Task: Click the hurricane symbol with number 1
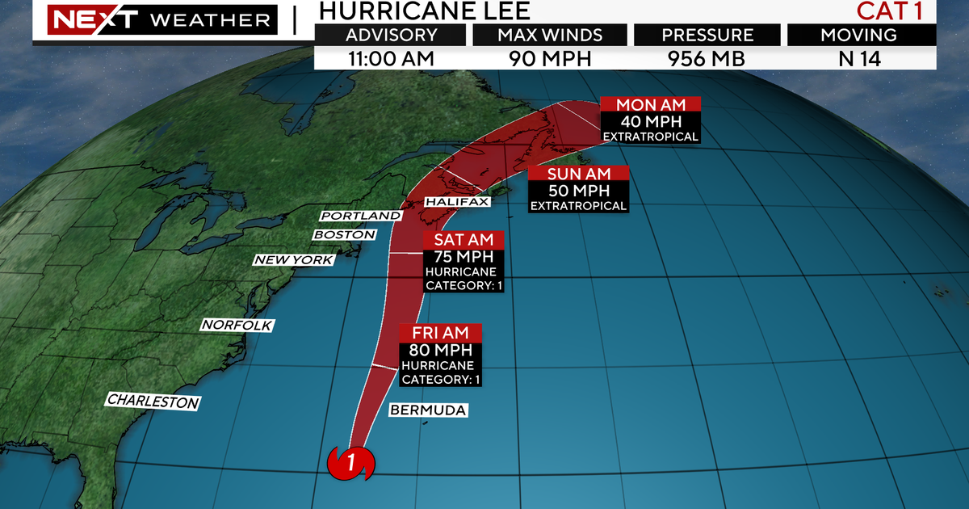351,464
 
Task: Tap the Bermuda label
428,410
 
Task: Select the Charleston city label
153,401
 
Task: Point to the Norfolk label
237,325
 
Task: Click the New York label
293,260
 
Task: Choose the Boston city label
345,234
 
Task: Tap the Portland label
361,216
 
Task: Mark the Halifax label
457,201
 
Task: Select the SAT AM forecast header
464,240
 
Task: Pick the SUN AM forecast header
578,174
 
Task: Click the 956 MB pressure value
707,58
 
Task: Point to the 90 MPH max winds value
549,58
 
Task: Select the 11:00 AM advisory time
392,58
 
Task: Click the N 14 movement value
861,58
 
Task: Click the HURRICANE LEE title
424,11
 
